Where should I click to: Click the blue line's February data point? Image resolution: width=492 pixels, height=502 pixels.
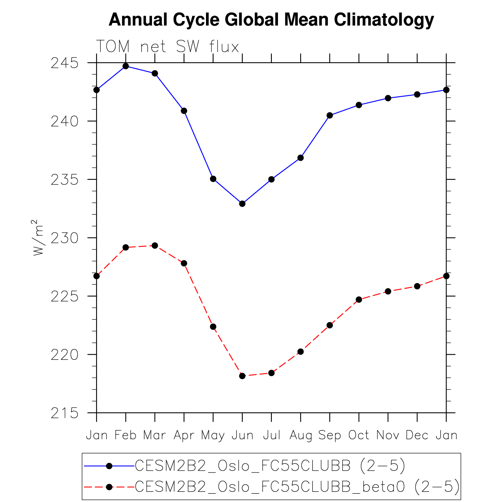click(126, 66)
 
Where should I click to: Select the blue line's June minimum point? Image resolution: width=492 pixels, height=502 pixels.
click(242, 204)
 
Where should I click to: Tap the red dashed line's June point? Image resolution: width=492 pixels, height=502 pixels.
click(242, 376)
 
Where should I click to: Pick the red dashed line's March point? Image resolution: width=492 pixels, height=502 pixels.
click(155, 246)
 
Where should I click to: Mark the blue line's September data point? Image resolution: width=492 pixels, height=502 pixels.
click(330, 116)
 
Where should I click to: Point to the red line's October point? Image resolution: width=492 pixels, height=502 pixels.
click(359, 300)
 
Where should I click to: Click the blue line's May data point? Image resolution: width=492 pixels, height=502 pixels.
click(213, 179)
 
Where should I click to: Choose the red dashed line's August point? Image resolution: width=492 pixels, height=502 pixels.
click(301, 352)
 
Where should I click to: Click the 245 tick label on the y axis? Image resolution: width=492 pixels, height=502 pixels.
click(64, 63)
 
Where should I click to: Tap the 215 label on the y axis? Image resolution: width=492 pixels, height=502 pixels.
click(64, 414)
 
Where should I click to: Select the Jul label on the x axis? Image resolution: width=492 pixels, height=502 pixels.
click(271, 435)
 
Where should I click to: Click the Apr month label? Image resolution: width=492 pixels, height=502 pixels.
click(184, 435)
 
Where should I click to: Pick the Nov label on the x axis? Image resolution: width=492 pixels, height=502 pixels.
click(388, 435)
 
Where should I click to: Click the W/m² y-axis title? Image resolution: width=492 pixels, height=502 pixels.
click(38, 238)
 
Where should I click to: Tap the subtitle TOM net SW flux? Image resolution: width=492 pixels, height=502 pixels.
click(167, 47)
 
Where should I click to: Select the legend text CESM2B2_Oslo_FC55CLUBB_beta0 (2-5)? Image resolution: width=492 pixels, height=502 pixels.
click(297, 487)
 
